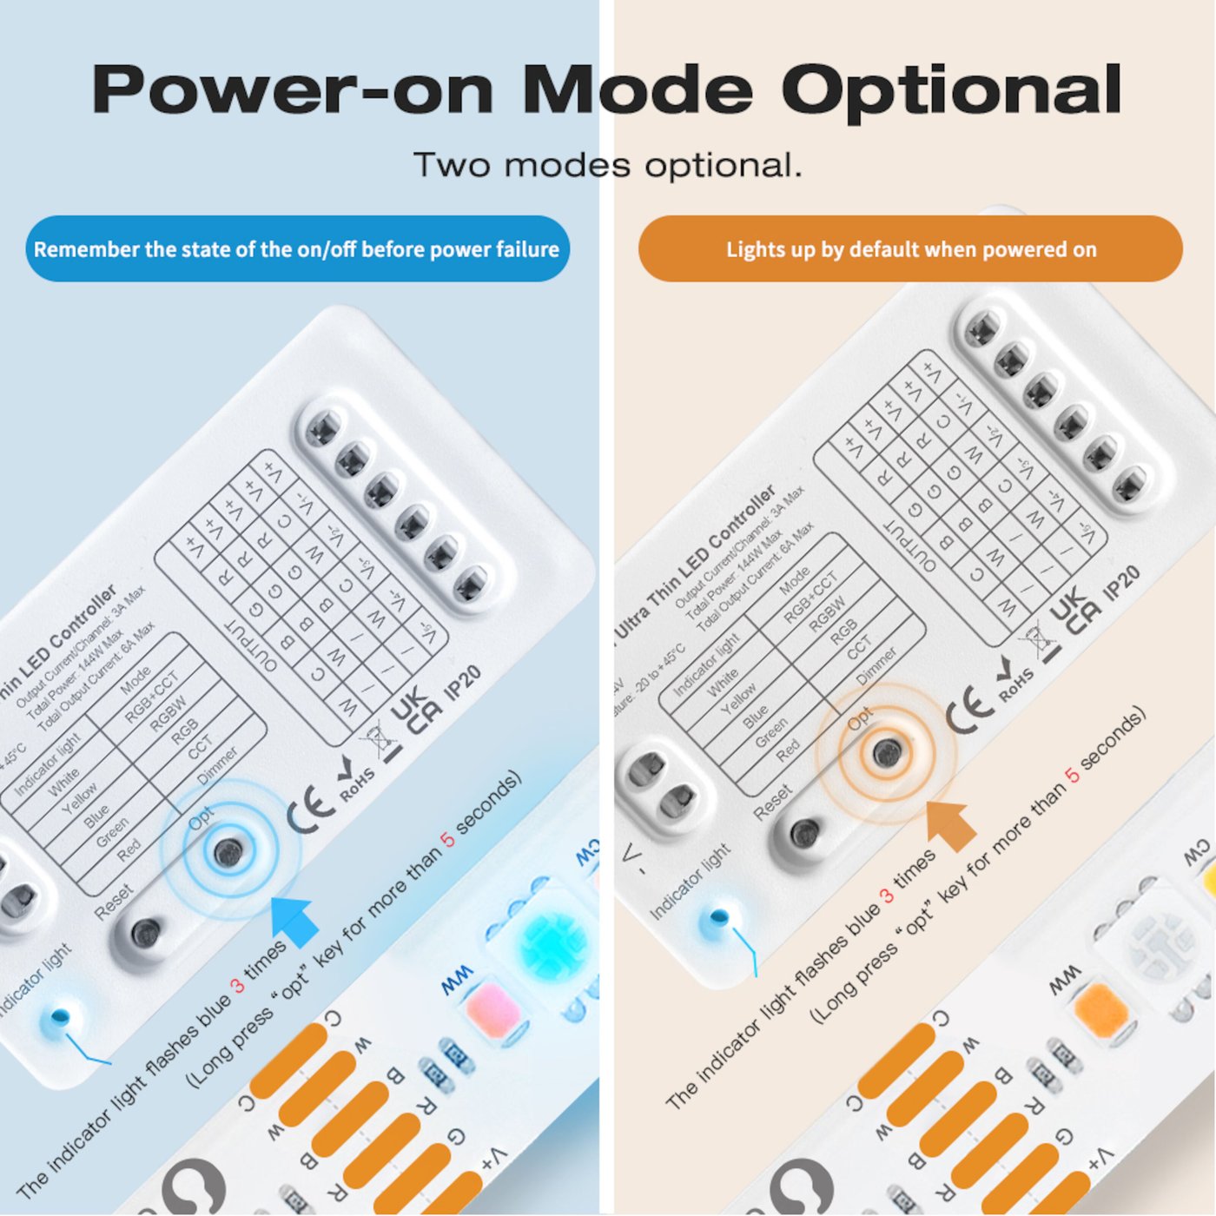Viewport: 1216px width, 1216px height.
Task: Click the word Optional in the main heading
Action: coord(951,91)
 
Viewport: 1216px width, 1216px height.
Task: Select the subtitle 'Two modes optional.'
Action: coord(607,165)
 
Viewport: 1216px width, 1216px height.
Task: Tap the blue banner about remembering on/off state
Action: coord(297,249)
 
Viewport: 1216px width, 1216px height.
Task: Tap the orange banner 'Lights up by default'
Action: coord(910,249)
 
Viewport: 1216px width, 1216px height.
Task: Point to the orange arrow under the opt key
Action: coord(953,825)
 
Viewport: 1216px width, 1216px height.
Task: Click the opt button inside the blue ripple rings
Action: coord(228,851)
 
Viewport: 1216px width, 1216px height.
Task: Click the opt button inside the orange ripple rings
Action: coord(887,753)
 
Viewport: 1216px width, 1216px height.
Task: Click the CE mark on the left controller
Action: coord(310,812)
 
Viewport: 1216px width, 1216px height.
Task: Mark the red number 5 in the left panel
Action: coord(447,839)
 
